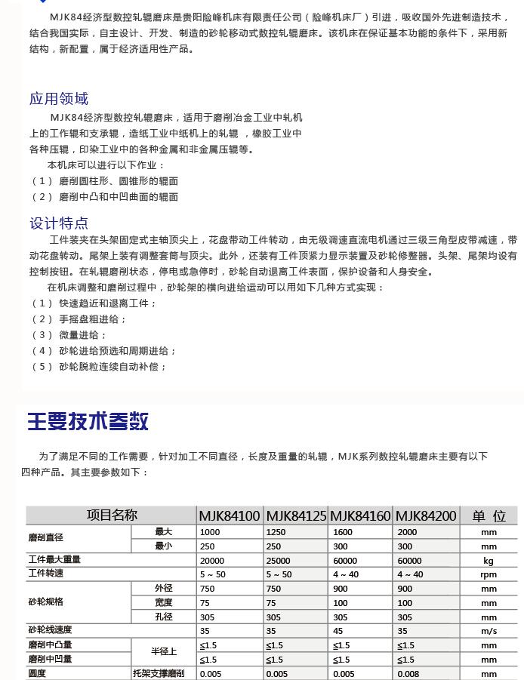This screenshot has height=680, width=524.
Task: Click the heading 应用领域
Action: (x=59, y=99)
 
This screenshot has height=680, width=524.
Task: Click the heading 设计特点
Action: (x=59, y=223)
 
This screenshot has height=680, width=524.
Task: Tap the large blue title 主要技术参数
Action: (x=88, y=421)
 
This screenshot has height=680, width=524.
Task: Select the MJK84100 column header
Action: (x=230, y=516)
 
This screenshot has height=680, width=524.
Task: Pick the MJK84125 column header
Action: (x=296, y=516)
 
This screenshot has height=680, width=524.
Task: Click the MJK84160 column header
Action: (x=361, y=516)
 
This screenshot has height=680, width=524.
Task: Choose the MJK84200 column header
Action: (x=426, y=516)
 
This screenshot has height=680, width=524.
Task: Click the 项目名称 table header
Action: (x=112, y=515)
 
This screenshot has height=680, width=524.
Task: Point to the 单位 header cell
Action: (x=489, y=516)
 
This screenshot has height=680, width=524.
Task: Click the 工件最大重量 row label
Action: (x=54, y=560)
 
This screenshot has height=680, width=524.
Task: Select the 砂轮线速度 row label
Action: (x=50, y=630)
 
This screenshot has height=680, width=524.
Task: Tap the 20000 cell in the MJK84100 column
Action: (x=212, y=561)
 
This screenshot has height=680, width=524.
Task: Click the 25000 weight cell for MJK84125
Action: (x=278, y=561)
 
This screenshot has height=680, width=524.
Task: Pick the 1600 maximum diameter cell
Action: (x=343, y=532)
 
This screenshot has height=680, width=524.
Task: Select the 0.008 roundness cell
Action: (x=408, y=674)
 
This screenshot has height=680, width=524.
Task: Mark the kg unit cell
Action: (x=489, y=561)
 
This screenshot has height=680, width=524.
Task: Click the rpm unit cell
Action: (x=489, y=574)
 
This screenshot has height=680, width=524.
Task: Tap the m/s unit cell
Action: (x=489, y=631)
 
